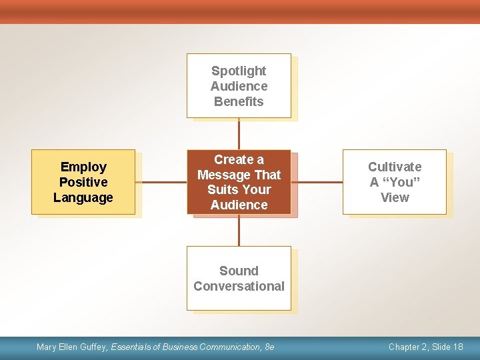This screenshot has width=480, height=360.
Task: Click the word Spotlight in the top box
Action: click(x=239, y=71)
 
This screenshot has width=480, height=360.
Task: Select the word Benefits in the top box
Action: click(x=239, y=101)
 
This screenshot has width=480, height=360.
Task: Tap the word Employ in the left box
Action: click(x=83, y=167)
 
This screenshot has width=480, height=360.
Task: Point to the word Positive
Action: click(x=83, y=182)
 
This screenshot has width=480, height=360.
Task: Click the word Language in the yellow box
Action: click(x=83, y=197)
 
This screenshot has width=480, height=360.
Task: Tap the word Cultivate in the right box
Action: click(x=395, y=167)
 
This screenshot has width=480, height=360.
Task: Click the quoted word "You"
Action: click(x=401, y=182)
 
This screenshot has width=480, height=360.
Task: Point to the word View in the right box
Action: click(x=395, y=197)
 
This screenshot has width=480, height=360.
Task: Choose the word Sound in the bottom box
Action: click(x=239, y=271)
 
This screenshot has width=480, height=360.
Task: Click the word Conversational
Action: click(x=239, y=286)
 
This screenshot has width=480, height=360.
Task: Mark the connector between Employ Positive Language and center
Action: click(x=161, y=181)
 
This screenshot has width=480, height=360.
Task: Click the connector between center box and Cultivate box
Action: click(x=317, y=181)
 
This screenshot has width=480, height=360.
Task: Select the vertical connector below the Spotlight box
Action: click(x=239, y=133)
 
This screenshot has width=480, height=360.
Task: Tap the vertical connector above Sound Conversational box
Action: click(x=239, y=230)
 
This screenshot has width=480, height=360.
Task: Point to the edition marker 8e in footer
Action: click(x=269, y=347)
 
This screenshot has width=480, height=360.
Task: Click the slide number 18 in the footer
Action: click(x=457, y=347)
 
